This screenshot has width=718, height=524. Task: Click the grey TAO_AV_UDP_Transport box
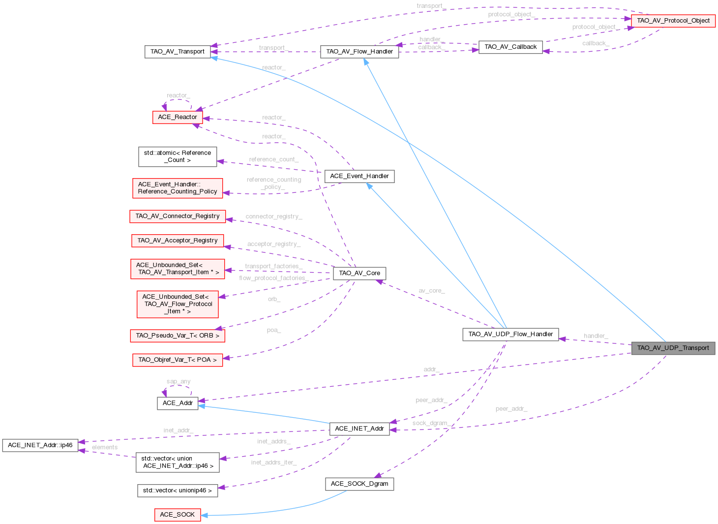pyautogui.click(x=673, y=348)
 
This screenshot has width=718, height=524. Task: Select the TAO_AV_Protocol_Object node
pyautogui.click(x=673, y=21)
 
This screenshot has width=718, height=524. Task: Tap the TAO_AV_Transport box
pyautogui.click(x=178, y=52)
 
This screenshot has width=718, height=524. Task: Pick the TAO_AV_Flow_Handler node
pyautogui.click(x=359, y=52)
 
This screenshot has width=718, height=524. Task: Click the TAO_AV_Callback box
pyautogui.click(x=510, y=47)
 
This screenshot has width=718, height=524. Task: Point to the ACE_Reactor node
pyautogui.click(x=178, y=117)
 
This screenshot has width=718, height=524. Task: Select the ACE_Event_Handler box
pyautogui.click(x=359, y=176)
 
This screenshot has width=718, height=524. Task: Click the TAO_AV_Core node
pyautogui.click(x=359, y=273)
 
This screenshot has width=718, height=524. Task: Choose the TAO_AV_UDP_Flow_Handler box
pyautogui.click(x=510, y=335)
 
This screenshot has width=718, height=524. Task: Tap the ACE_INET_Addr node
pyautogui.click(x=359, y=429)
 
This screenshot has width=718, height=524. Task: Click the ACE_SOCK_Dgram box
pyautogui.click(x=359, y=484)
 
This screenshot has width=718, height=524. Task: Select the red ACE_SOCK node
pyautogui.click(x=178, y=515)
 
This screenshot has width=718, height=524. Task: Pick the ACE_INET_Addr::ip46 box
pyautogui.click(x=40, y=445)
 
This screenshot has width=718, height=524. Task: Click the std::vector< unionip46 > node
pyautogui.click(x=178, y=491)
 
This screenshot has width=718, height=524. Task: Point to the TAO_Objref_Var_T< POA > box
pyautogui.click(x=178, y=360)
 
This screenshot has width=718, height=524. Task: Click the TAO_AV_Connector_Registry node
pyautogui.click(x=178, y=216)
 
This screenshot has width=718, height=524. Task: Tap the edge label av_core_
pyautogui.click(x=431, y=291)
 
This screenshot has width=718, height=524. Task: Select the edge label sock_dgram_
pyautogui.click(x=430, y=423)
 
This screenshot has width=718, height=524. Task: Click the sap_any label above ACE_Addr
pyautogui.click(x=179, y=381)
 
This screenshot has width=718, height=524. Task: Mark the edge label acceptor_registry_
pyautogui.click(x=274, y=244)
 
